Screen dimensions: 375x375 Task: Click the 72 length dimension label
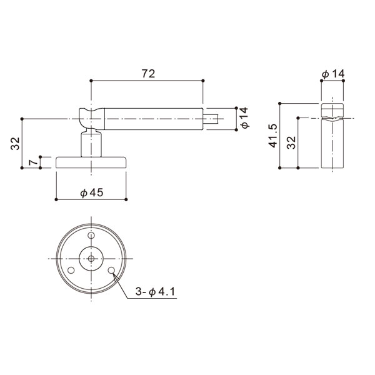point(148,73)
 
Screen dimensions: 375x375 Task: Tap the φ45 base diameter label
point(92,192)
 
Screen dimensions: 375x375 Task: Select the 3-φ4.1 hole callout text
point(155,291)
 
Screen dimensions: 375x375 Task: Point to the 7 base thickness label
point(33,162)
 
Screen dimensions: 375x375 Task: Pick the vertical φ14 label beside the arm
point(244,118)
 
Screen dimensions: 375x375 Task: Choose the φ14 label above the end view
point(333,74)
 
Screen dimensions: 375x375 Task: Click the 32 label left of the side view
point(15,144)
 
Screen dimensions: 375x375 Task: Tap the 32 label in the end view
point(291,142)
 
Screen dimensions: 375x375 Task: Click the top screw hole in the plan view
point(91,236)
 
